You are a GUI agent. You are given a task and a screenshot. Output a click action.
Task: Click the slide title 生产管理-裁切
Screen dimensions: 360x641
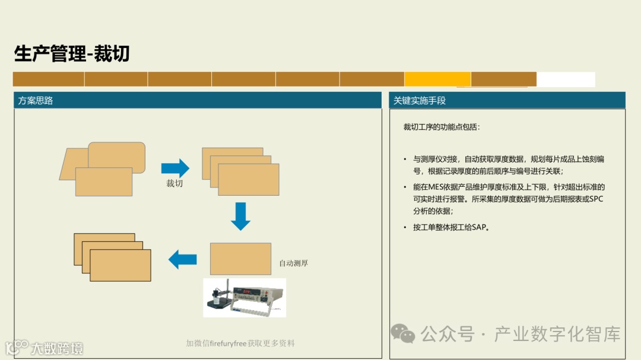pos(72,54)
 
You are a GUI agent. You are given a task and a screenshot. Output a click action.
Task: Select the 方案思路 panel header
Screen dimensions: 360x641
pos(36,101)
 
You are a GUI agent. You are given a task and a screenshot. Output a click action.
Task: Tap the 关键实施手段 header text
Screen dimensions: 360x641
pos(420,101)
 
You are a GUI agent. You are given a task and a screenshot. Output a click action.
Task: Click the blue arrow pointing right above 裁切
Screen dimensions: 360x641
pos(175,168)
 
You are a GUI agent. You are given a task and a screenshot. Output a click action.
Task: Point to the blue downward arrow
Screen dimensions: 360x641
pos(240,216)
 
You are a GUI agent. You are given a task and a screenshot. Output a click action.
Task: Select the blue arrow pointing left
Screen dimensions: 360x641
pos(183,259)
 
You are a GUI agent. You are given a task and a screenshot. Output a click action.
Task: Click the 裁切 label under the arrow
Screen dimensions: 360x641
pos(174,183)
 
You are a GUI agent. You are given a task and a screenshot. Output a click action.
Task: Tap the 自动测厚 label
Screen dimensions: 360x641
pos(293,263)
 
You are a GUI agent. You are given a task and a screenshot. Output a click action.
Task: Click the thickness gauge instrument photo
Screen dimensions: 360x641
pos(245,297)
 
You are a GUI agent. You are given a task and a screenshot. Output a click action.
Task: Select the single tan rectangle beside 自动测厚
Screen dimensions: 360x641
pos(240,259)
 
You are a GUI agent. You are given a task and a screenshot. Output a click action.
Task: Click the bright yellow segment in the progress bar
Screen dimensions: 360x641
pos(437,79)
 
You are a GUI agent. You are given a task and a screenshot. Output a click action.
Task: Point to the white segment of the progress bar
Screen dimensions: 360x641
pos(566,79)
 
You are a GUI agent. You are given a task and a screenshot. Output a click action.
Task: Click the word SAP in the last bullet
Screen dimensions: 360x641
pos(479,227)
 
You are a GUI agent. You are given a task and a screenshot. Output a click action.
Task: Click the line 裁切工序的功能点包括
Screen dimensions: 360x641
pos(442,127)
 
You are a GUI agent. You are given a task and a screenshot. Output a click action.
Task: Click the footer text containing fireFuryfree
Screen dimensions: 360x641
pos(240,343)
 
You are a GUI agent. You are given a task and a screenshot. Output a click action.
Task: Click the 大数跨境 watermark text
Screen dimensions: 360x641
pos(57,348)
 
